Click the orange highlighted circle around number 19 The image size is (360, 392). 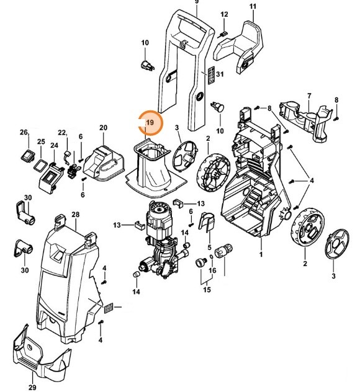(x=150, y=123)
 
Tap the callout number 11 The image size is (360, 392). (x=253, y=6)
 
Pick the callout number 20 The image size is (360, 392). (x=103, y=128)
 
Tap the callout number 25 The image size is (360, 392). (x=40, y=142)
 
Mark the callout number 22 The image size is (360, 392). (x=62, y=133)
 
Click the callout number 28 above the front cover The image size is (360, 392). (x=76, y=215)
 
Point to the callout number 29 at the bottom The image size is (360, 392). (x=32, y=388)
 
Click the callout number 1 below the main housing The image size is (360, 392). (x=261, y=255)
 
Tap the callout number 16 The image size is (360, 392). (x=213, y=271)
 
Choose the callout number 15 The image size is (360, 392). (x=207, y=290)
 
